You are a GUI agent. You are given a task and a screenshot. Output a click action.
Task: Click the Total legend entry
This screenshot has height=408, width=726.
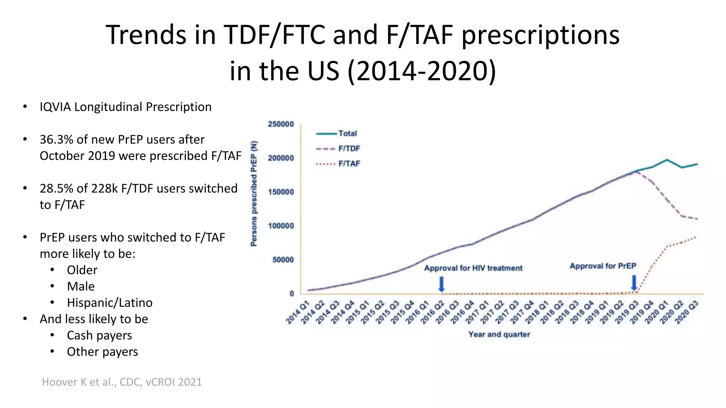point(347,134)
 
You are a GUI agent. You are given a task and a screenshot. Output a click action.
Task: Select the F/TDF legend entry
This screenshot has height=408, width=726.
point(349,149)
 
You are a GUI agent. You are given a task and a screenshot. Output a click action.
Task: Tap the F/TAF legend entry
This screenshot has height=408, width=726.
point(349,164)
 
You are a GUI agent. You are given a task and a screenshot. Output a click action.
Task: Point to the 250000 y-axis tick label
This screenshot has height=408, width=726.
point(281,124)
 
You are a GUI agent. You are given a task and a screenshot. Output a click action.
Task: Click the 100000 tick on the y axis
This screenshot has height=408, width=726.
point(281,226)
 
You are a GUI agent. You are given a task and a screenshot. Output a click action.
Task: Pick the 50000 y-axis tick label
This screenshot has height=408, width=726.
point(283,260)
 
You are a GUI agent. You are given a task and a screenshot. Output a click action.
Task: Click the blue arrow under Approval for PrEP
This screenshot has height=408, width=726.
point(634,283)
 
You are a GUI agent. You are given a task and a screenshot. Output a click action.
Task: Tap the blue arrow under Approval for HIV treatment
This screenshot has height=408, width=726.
point(441,284)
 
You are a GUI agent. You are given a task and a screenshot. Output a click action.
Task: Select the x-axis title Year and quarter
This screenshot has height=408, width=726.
point(499,334)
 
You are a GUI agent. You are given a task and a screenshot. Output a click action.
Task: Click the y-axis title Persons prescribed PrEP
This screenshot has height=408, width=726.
point(254,193)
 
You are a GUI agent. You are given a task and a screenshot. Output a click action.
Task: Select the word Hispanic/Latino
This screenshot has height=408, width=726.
point(110,303)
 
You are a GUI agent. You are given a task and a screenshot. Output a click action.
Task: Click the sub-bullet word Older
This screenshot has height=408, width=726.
point(82,270)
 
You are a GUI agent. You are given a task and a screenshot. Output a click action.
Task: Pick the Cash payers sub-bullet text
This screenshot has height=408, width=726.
point(99,335)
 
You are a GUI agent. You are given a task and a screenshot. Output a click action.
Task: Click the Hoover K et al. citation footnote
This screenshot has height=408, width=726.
point(122,382)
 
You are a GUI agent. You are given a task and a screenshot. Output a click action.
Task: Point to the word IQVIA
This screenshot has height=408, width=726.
point(55,107)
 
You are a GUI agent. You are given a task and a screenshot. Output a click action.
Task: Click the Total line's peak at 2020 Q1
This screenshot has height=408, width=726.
point(667,160)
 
